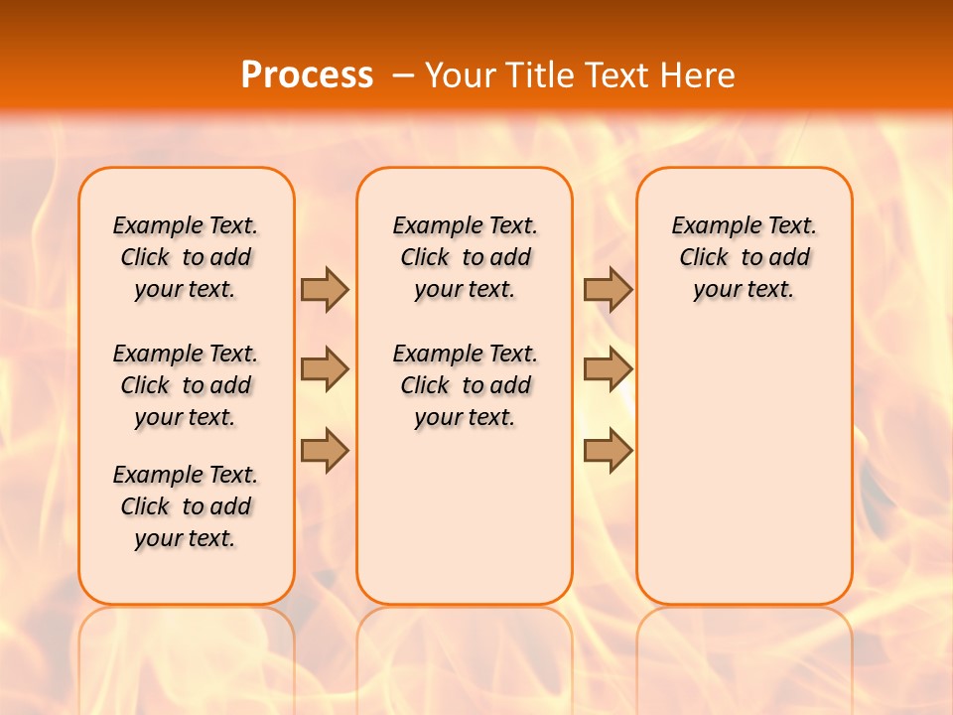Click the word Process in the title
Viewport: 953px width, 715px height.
pos(307,75)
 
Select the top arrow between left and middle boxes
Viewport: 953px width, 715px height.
pos(325,289)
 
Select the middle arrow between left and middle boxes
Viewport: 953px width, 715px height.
pos(325,369)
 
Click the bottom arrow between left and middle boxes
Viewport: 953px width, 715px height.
pos(325,450)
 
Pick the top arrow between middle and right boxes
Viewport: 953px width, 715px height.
pos(608,289)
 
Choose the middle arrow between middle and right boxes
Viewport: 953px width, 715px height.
pos(608,369)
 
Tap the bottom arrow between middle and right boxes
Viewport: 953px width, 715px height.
pos(608,450)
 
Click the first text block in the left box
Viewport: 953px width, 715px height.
pos(186,257)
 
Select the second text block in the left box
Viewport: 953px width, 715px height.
pos(186,385)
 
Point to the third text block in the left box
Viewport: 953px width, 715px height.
pos(186,506)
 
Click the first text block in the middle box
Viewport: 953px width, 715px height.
pos(465,257)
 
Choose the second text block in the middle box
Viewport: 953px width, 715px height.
pos(465,385)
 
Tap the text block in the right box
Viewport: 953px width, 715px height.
pos(744,257)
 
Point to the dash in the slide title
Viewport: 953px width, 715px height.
pos(403,75)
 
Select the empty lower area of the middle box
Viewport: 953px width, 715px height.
pos(465,516)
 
